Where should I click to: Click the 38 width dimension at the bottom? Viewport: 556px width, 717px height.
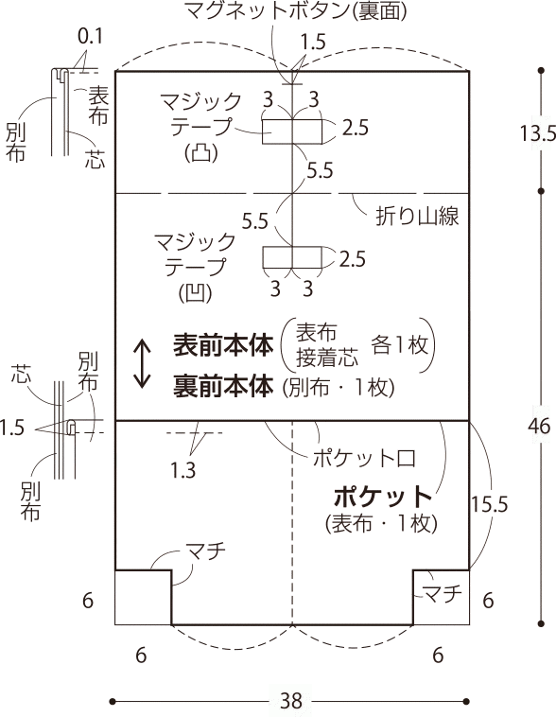coord(291,701)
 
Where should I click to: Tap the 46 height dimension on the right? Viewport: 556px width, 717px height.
coord(539,427)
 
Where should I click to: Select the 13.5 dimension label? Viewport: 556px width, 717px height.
coord(537,133)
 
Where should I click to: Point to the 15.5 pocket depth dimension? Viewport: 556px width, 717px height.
coord(490,504)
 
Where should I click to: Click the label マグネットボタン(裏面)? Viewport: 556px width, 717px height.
coord(296,11)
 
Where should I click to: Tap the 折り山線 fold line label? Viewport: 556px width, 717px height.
coord(417,216)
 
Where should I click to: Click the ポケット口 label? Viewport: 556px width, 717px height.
coord(364,458)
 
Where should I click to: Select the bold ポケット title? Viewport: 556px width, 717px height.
coord(383,497)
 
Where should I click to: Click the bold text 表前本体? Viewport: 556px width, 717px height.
coord(223,344)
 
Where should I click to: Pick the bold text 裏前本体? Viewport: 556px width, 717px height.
coord(223,386)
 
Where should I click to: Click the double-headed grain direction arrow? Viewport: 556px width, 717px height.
coord(142,364)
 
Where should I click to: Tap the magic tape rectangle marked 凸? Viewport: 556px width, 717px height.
coord(292,131)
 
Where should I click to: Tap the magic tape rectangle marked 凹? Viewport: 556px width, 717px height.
coord(292,257)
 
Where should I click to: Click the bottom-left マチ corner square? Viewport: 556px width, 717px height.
coord(143,597)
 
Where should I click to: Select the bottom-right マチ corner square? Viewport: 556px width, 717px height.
coord(441,597)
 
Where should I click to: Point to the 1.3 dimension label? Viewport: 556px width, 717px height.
coord(182,469)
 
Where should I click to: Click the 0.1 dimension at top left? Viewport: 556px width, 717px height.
coord(90,37)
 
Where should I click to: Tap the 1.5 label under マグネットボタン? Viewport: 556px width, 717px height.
coord(313,42)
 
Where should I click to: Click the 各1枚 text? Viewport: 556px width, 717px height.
coord(400,344)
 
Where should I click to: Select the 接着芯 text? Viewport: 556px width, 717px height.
coord(327,358)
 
